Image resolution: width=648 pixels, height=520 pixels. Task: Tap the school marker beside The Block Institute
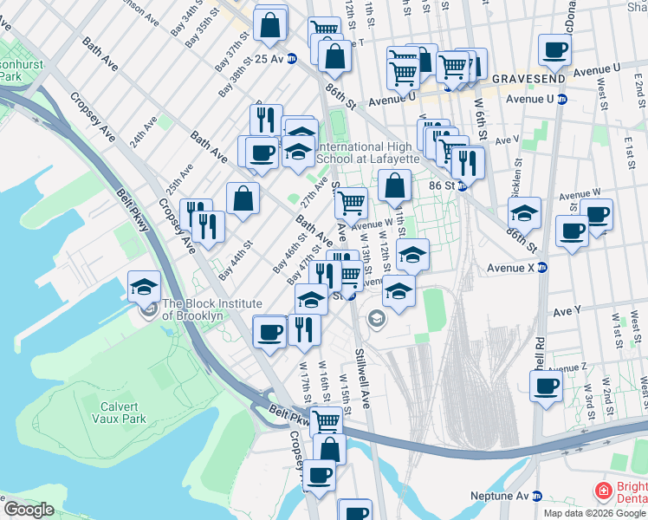[x=145, y=287]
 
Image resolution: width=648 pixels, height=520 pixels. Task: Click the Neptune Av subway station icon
[x=536, y=497]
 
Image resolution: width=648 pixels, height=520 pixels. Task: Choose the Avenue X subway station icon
[x=541, y=267]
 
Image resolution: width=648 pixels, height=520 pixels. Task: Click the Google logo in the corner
[x=29, y=510]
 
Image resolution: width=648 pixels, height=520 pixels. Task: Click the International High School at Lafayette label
[x=370, y=153]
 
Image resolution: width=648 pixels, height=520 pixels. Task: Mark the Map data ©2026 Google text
[x=594, y=513]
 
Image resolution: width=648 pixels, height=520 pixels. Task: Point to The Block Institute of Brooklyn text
[x=212, y=309]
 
